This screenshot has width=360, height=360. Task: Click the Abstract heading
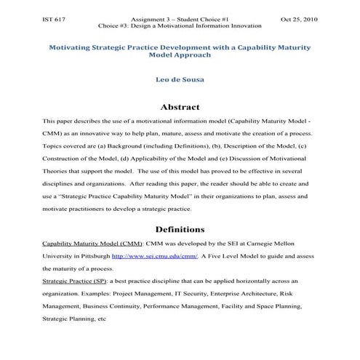(179, 107)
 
